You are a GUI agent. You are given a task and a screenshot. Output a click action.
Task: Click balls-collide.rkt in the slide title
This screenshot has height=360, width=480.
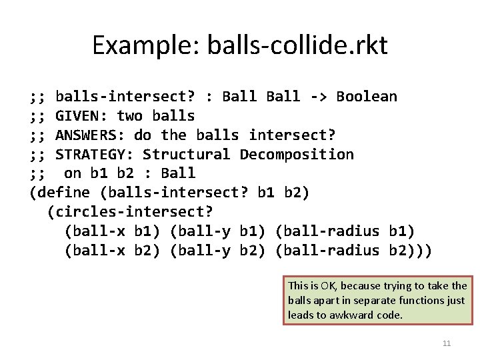coord(297,45)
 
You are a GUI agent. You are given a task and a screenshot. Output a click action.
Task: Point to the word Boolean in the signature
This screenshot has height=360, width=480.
coord(366,97)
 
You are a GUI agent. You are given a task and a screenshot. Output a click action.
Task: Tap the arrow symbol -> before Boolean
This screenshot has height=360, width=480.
coord(318,97)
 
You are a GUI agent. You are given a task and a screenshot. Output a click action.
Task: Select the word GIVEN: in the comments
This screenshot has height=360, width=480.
coord(81,116)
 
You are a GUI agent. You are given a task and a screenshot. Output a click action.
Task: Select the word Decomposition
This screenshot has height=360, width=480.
coord(297,155)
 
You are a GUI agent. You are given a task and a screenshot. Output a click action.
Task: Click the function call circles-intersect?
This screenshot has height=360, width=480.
coord(130,213)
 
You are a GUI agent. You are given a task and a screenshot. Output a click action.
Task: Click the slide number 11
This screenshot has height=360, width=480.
coord(447,344)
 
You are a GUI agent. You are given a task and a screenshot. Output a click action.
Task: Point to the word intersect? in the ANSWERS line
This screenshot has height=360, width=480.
coord(292,135)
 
